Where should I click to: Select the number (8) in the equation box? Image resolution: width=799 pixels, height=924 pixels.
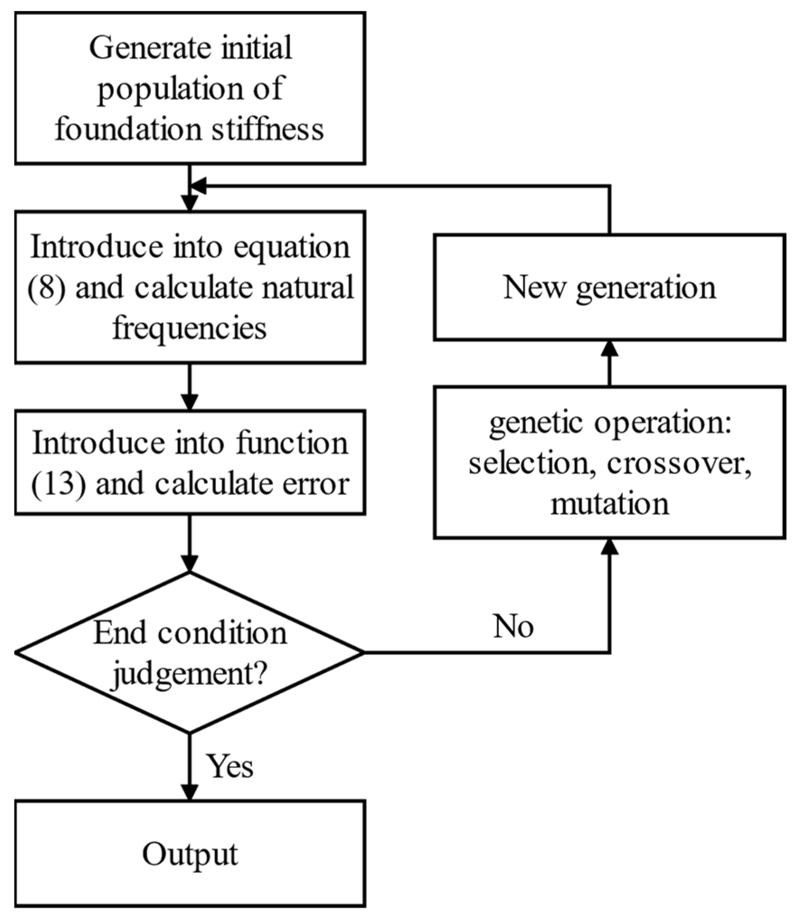pyautogui.click(x=46, y=288)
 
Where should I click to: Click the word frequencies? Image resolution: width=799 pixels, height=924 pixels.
pyautogui.click(x=189, y=328)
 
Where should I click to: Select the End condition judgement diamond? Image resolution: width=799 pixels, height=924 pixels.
pyautogui.click(x=189, y=652)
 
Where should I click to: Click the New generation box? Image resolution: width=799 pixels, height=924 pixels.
pyautogui.click(x=609, y=288)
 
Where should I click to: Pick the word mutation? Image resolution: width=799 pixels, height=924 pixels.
pyautogui.click(x=609, y=504)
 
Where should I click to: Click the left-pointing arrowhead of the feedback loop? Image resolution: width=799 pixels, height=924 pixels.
pyautogui.click(x=198, y=185)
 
